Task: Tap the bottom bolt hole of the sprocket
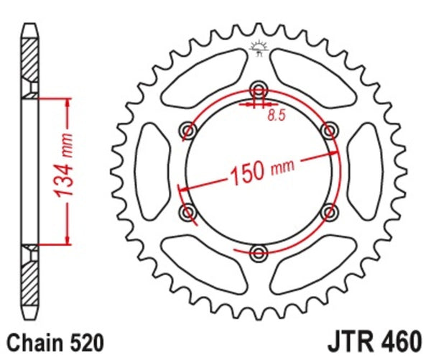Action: pyautogui.click(x=259, y=251)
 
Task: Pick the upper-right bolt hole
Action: pyautogui.click(x=329, y=130)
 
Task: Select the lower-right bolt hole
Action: pyautogui.click(x=329, y=211)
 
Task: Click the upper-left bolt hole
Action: pyautogui.click(x=189, y=130)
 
